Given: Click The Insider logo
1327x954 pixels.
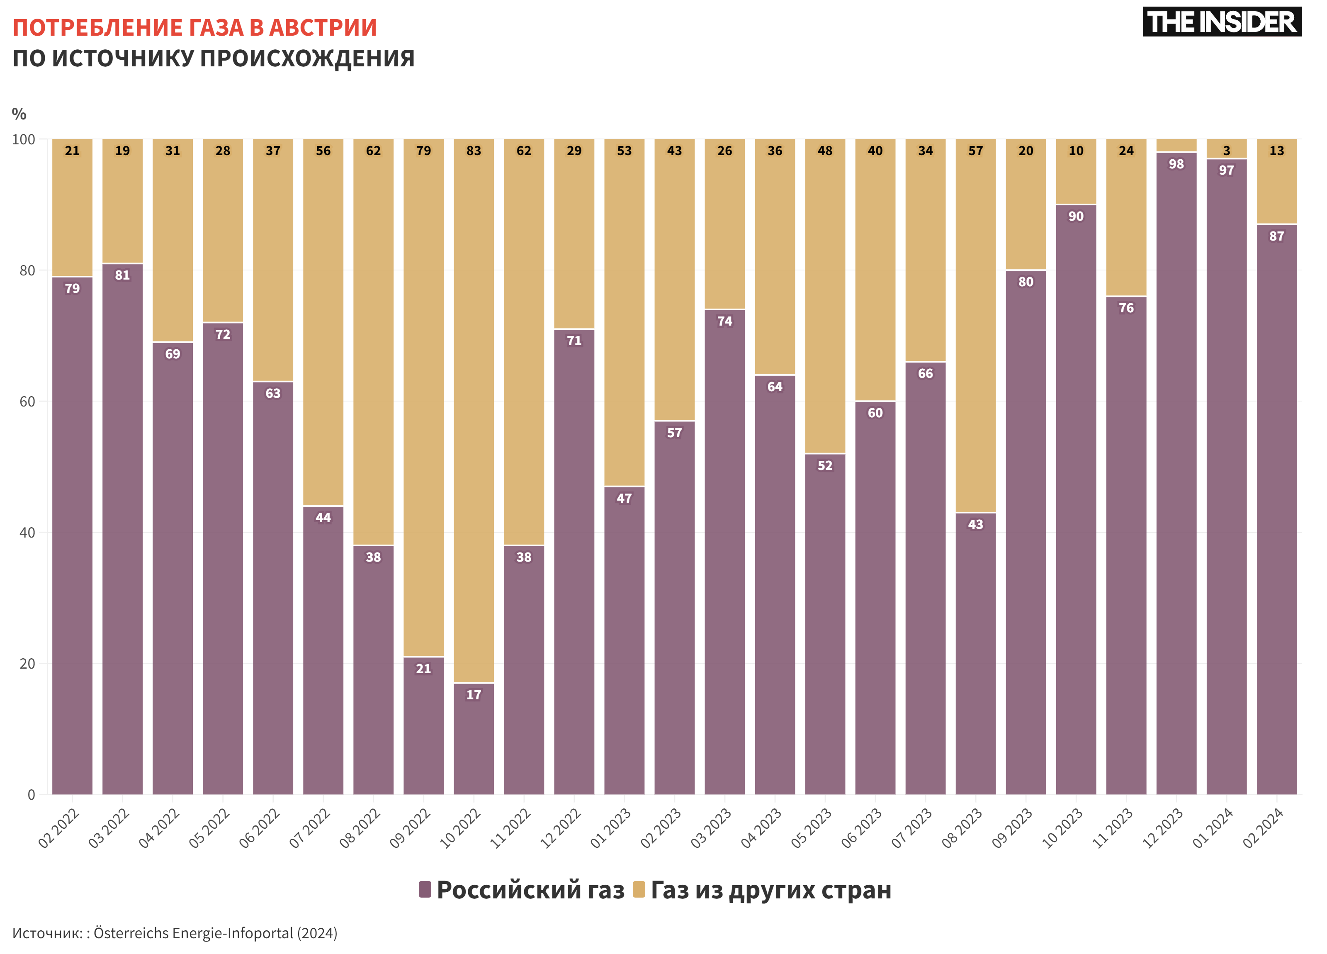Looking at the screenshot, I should [x=1221, y=22].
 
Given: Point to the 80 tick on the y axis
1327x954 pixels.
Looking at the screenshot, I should [x=27, y=270].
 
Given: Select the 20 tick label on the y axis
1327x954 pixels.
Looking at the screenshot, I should [x=27, y=664].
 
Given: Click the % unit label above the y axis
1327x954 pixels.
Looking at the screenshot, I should [x=19, y=114].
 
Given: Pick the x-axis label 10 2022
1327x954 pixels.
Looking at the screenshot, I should [x=460, y=828].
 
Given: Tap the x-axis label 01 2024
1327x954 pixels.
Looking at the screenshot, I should [x=1213, y=828].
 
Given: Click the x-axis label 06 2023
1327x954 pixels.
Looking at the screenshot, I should [x=861, y=828].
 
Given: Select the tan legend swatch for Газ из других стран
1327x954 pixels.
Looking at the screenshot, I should [x=639, y=890].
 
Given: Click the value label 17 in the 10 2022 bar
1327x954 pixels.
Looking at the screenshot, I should [x=473, y=695].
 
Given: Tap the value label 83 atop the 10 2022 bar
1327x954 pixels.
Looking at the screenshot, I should [x=473, y=151].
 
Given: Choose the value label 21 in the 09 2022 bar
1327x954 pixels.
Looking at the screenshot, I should [x=423, y=668].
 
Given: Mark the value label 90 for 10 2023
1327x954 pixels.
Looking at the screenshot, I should [x=1075, y=217].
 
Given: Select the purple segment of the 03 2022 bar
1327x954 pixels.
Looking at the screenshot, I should [x=122, y=527].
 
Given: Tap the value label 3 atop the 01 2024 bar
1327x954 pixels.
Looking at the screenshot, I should [x=1226, y=151].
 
